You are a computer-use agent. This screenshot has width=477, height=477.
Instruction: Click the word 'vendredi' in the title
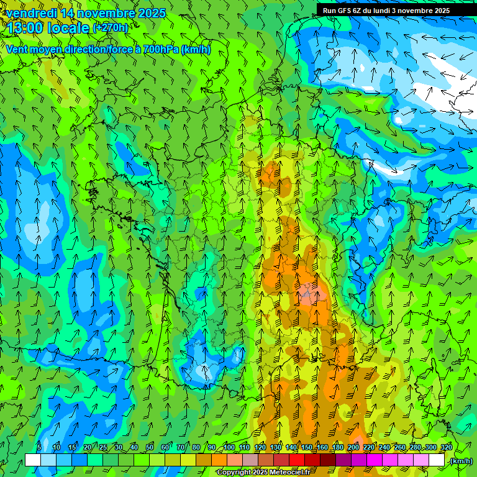pos(31,13)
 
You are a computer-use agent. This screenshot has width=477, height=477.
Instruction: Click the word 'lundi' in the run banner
pos(394,11)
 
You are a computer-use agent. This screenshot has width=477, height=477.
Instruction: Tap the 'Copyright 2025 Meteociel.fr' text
pos(263,473)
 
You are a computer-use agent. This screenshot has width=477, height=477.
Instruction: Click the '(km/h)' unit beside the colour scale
pos(460,461)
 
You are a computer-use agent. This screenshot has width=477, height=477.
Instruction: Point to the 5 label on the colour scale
pos(39,448)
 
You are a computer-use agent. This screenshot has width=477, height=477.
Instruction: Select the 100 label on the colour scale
pos(229,448)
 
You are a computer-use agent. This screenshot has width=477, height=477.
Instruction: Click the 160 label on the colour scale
pos(322,448)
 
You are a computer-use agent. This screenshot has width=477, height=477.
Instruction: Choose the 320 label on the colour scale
pos(446,448)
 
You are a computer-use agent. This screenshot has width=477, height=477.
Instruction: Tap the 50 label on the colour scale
pos(150,448)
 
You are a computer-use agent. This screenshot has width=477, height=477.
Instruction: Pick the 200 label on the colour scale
pos(353,448)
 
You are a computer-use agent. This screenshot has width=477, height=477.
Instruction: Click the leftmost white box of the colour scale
pos(33,460)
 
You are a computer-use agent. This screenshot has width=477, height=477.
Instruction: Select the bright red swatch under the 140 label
pos(297,460)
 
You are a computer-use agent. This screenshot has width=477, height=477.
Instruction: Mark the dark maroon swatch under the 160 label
pos(328,460)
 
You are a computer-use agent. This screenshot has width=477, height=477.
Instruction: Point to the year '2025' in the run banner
pos(441,11)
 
